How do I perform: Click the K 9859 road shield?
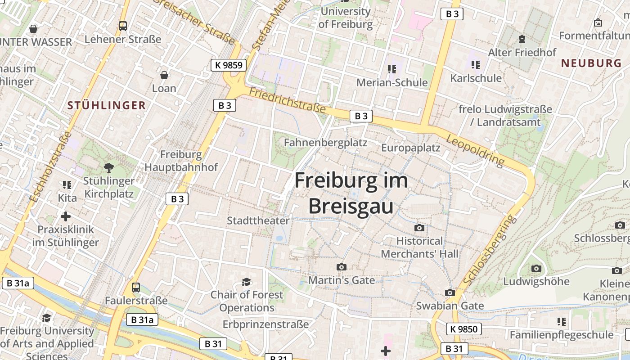[x=229, y=65]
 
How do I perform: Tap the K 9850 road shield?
[x=463, y=329]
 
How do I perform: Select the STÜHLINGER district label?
[x=107, y=106]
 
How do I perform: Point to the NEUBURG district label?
[x=591, y=63]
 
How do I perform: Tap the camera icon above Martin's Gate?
[x=342, y=267]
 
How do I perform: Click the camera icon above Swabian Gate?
[x=450, y=293]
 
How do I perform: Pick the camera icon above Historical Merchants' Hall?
[x=419, y=228]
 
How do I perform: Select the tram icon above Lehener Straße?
[x=123, y=26]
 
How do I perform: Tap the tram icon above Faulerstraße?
[x=136, y=287]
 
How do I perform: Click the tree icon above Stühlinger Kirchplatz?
[x=108, y=168]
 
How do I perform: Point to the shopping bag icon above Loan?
[x=164, y=75]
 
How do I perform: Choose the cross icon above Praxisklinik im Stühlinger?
[x=66, y=216]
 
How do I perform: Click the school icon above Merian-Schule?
[x=392, y=69]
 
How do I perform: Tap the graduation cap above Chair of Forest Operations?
[x=246, y=282]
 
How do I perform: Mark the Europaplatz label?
[x=411, y=148]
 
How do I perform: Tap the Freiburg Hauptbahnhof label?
[x=181, y=161]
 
